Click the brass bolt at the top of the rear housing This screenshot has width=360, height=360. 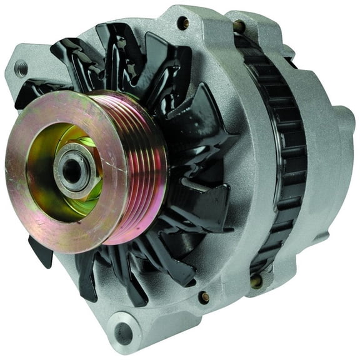(239, 26)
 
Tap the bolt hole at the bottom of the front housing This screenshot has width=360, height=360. (204, 297)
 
